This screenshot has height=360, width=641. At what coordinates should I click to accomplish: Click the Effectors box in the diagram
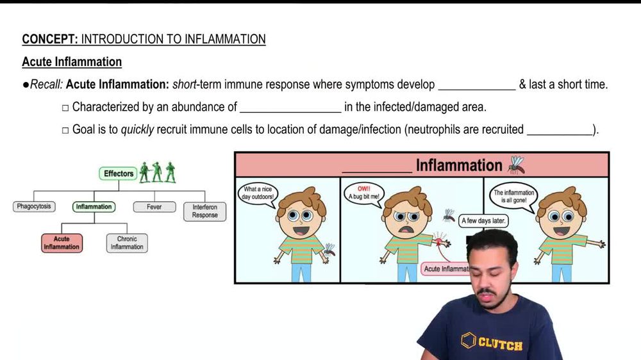(119, 174)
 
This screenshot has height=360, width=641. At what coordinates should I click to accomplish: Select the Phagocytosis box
(34, 207)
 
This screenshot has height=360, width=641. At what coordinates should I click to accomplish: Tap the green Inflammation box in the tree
(94, 207)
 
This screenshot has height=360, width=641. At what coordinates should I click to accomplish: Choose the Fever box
(154, 207)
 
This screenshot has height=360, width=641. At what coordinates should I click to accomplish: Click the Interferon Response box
(204, 211)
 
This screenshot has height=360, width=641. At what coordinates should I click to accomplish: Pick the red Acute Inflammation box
(62, 243)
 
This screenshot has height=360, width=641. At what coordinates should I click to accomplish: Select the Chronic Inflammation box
(126, 243)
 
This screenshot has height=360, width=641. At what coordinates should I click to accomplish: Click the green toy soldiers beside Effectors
(158, 172)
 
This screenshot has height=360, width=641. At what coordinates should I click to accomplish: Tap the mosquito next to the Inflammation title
(516, 165)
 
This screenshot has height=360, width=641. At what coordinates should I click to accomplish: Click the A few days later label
(484, 221)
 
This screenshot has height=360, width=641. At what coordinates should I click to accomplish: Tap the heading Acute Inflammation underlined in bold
(72, 62)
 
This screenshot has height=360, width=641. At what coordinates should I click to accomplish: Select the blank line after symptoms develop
(476, 85)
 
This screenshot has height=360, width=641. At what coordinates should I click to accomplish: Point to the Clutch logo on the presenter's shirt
(492, 343)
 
